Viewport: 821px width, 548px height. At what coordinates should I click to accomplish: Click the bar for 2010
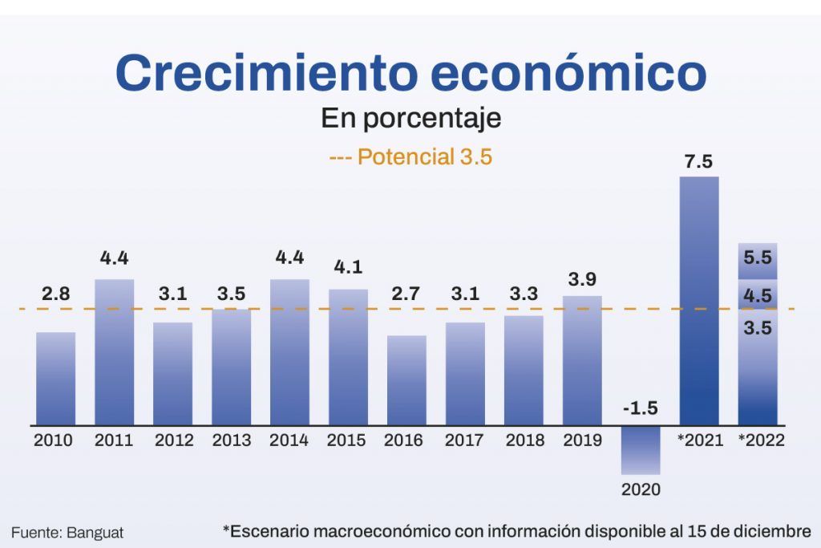pos(56,379)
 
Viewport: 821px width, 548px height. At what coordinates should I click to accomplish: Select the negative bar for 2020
pos(641,449)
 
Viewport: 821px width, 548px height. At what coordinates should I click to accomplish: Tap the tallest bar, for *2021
pos(699,301)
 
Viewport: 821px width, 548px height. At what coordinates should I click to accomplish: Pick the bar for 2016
pos(406,380)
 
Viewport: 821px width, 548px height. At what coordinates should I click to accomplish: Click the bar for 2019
pos(582,360)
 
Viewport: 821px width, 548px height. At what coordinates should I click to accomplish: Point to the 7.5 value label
pos(698,161)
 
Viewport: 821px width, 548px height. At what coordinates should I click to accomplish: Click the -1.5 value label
pos(640,408)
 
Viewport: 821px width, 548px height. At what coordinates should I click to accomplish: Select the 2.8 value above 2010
pos(56,294)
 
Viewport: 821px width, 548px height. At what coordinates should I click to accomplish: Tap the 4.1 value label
pos(348,268)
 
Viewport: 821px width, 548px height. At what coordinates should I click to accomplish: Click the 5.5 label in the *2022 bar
pos(758,258)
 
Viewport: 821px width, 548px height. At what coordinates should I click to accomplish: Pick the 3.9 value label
pos(582,279)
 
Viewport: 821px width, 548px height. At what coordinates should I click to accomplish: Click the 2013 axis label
pos(231,440)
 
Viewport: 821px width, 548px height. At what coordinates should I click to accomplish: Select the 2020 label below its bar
pos(641,489)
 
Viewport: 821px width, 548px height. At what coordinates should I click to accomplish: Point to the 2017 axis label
pos(465,440)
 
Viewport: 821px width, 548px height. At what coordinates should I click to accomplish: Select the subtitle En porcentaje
pos(410,119)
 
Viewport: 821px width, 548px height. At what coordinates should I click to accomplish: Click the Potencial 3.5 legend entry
pos(410,156)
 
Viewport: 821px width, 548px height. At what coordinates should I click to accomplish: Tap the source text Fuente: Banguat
pos(67,532)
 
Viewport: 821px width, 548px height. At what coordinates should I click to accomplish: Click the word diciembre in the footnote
pos(769,531)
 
